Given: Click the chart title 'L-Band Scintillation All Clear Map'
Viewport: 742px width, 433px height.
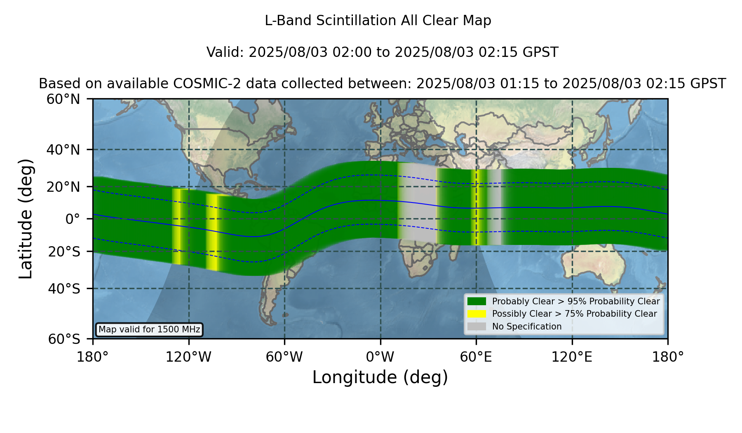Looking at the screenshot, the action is coord(378,21).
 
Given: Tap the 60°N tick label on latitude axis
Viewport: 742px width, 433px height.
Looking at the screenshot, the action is coord(63,99).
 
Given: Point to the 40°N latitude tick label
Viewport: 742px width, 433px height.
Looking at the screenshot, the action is coord(63,150).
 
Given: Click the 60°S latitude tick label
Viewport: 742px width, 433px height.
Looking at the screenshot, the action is coord(64,339).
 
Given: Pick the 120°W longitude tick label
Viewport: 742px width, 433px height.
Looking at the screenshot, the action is coord(188,357).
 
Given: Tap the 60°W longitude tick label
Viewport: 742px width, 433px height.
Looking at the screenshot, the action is coord(284,357).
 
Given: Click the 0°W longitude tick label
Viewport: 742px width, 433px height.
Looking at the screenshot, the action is coord(380,357).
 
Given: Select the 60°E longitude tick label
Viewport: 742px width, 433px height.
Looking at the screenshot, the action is coord(476,357).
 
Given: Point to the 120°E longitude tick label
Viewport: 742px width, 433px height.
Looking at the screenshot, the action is coord(572,357).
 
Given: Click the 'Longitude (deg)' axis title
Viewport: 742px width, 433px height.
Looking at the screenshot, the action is coord(380,377).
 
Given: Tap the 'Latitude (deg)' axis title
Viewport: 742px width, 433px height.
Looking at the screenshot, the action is coord(26,219).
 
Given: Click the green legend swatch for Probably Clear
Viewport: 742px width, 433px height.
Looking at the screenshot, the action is coord(477,301).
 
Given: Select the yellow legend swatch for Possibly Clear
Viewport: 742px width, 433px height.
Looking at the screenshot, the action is coord(477,314).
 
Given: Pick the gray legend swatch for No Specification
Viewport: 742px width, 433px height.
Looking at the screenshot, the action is coord(477,327).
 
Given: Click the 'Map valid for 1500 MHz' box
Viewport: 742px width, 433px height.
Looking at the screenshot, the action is coord(149,329).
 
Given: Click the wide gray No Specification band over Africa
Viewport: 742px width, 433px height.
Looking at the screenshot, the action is coord(418,202).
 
